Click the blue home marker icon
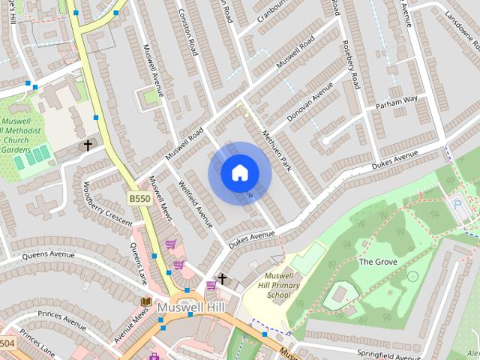point(239,172)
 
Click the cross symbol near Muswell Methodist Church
point(88,145)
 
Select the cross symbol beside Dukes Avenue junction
point(221,280)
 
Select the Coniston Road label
point(187,34)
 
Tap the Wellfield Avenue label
point(196,202)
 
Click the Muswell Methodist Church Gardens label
point(22,135)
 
